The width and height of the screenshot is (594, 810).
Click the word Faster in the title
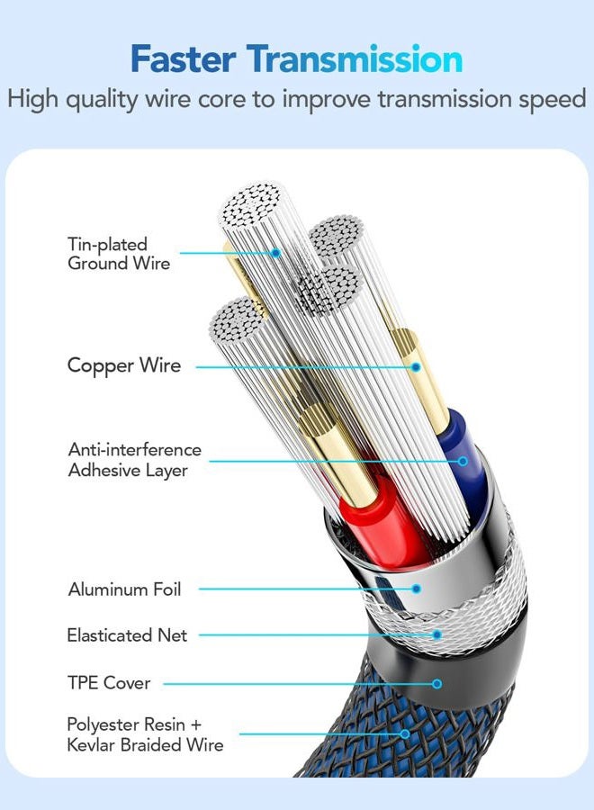pyautogui.click(x=184, y=59)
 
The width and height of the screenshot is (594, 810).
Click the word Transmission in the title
pyautogui.click(x=354, y=59)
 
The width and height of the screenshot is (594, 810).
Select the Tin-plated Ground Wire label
pyautogui.click(x=119, y=254)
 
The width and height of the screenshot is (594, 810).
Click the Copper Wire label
pyautogui.click(x=124, y=365)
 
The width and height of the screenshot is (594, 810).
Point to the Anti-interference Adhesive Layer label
pyautogui.click(x=134, y=460)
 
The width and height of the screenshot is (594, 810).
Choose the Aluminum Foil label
pyautogui.click(x=124, y=589)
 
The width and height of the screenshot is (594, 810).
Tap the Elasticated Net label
pyautogui.click(x=127, y=634)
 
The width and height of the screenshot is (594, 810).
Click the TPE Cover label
pyautogui.click(x=109, y=683)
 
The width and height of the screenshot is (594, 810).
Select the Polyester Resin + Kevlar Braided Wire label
pyautogui.click(x=145, y=734)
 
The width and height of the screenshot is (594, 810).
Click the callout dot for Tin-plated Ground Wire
pyautogui.click(x=275, y=253)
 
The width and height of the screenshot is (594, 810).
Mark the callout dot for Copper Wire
pyautogui.click(x=416, y=367)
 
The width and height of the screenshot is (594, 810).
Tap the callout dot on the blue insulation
pyautogui.click(x=463, y=461)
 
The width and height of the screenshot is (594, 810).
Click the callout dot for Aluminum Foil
pyautogui.click(x=417, y=589)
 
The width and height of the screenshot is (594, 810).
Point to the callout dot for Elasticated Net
pyautogui.click(x=437, y=634)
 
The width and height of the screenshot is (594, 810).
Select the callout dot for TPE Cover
pyautogui.click(x=437, y=683)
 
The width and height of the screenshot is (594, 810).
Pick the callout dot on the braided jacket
pyautogui.click(x=406, y=734)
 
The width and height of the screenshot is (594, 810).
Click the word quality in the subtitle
pyautogui.click(x=102, y=100)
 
